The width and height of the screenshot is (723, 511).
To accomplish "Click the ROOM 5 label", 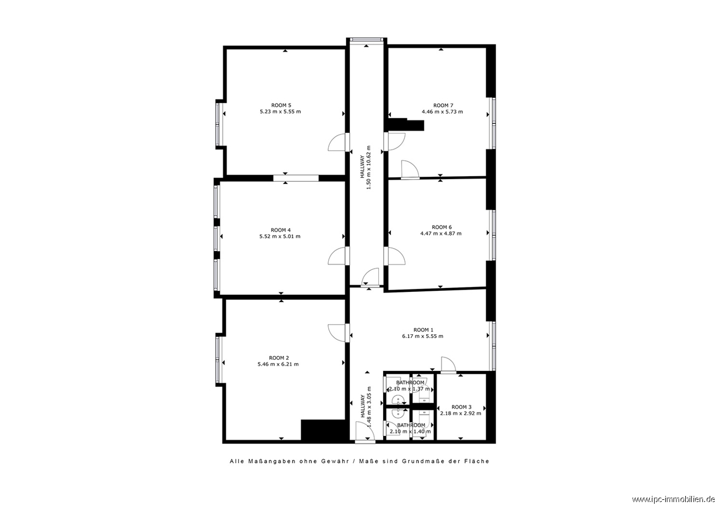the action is point(281,105).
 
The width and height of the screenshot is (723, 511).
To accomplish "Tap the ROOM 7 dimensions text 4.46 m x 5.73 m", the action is point(442,112).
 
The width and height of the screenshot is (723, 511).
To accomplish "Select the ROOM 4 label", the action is point(280,230).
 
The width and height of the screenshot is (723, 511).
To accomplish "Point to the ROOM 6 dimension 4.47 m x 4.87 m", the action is point(441,233).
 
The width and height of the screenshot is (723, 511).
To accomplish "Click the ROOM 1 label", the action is point(423,330).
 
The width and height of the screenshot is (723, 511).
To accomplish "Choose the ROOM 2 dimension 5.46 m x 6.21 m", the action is point(278,364).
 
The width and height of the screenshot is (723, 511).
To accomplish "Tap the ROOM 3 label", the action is point(461,407).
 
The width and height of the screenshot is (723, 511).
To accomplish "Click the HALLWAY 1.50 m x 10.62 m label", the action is point(366,167).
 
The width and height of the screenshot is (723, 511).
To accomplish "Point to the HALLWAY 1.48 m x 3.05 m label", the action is point(366,407).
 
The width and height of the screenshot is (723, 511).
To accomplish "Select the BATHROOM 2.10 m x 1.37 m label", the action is point(410,385).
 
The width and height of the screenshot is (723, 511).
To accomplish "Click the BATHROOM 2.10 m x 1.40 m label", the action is point(410,428).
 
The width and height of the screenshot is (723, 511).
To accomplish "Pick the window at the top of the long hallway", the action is point(367,39).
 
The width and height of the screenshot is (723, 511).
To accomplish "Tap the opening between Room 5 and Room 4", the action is point(296,178).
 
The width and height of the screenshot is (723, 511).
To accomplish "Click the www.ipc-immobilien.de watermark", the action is point(676,499).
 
